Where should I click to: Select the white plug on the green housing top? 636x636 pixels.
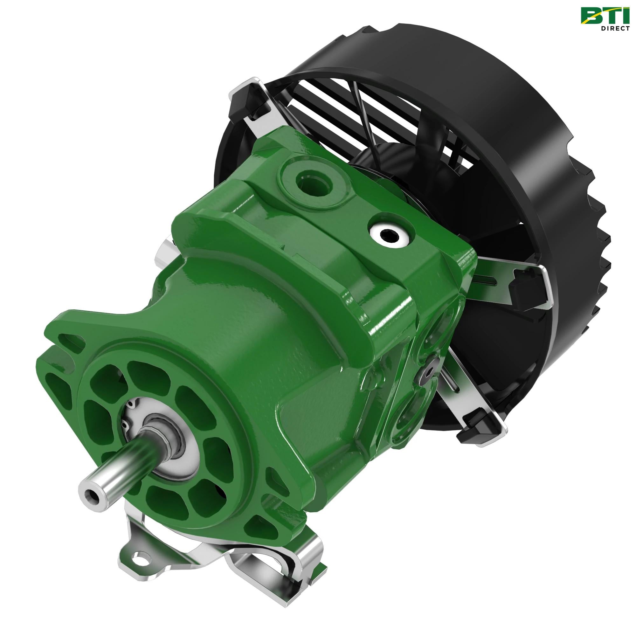pyautogui.click(x=389, y=234)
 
